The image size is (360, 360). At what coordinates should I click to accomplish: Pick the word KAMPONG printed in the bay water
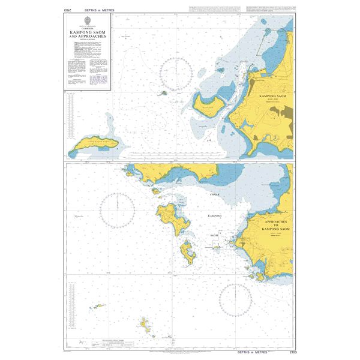215,215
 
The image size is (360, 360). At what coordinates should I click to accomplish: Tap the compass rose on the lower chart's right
235,301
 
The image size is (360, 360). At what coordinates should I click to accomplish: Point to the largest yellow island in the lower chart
170,215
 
